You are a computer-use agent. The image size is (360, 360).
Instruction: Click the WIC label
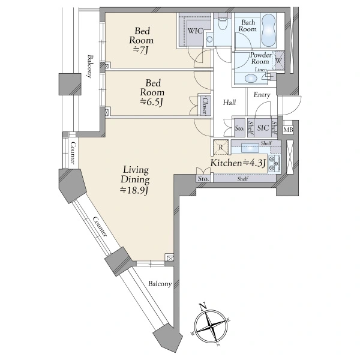(x=196, y=31)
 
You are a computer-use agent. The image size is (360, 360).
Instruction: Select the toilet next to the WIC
(x=222, y=23)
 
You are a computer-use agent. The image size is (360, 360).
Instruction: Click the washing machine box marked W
(x=278, y=61)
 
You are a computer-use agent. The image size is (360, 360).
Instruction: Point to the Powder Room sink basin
(x=250, y=78)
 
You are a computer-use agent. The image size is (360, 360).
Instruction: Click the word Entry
(x=262, y=95)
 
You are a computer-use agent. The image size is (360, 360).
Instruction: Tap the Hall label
(x=229, y=103)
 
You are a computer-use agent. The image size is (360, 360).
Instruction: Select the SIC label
(x=263, y=128)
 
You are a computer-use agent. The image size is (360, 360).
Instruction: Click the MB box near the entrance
(x=289, y=130)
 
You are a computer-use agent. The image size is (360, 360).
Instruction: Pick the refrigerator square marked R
(x=221, y=147)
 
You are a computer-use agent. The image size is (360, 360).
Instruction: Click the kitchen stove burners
(x=274, y=163)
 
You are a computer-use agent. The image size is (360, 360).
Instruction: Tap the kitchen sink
(x=250, y=148)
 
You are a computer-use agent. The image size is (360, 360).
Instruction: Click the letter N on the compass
(x=202, y=306)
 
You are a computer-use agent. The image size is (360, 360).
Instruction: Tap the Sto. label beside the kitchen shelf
(x=203, y=179)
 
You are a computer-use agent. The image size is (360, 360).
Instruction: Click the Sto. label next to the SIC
(x=239, y=128)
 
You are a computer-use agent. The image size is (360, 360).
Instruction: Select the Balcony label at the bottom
(x=160, y=284)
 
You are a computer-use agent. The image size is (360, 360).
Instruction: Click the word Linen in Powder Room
(x=260, y=70)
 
